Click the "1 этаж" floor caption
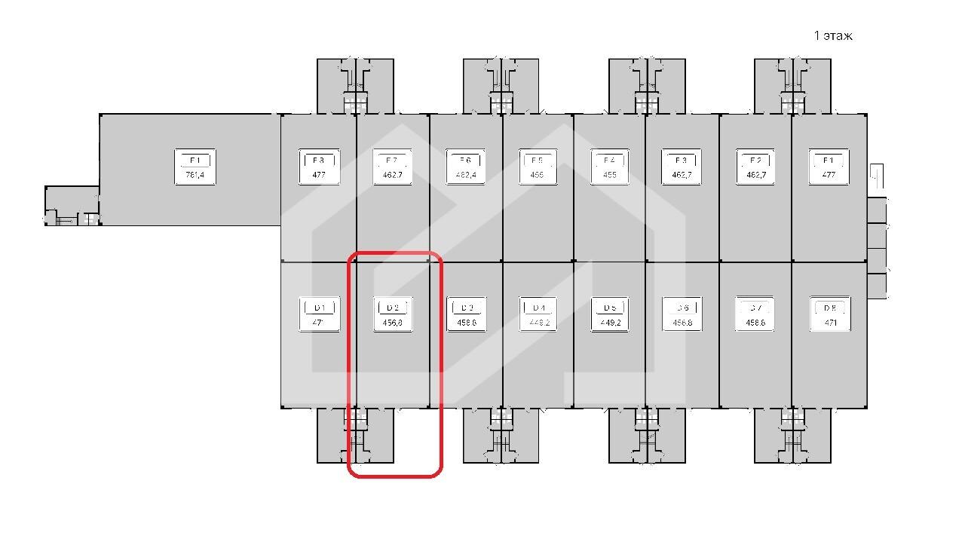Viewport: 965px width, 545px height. coord(832,35)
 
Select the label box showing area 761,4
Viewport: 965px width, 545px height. coord(195,167)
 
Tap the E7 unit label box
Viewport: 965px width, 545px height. coord(392,167)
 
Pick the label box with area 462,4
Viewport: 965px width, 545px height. coord(465,167)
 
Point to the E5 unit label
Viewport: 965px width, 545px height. coord(538,167)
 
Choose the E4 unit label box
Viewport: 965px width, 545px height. coord(610,167)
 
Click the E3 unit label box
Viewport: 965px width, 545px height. coord(682,167)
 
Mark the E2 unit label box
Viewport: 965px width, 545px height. coord(755,167)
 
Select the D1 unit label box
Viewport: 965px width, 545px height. coord(320,314)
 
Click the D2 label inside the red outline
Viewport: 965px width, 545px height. coord(393,314)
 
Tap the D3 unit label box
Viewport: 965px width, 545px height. coord(466,314)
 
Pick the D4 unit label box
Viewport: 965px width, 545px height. coord(538,314)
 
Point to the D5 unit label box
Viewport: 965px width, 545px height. coord(610,314)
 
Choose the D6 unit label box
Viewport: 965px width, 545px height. coord(682,314)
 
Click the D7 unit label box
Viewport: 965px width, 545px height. coord(755,314)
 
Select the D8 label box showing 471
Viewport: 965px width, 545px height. coord(829,314)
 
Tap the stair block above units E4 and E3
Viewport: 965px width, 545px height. coord(647,86)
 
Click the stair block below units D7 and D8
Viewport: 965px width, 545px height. coord(792,435)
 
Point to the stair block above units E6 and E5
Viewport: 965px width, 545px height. coord(501,86)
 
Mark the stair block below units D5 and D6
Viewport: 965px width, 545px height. coord(647,435)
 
